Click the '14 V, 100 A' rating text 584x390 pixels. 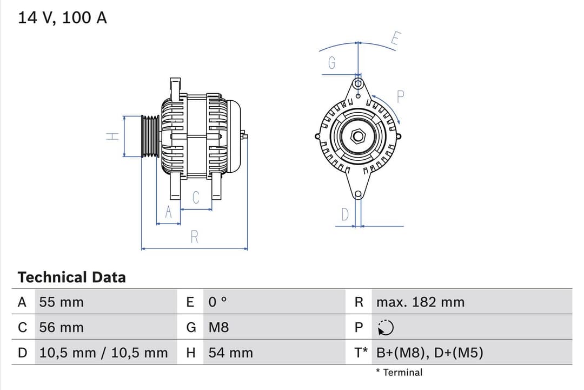tap(63, 18)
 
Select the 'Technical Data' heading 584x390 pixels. tap(71, 277)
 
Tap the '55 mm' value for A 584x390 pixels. tap(62, 302)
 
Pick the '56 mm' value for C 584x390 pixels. tap(62, 328)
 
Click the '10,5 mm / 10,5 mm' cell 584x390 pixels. tap(103, 353)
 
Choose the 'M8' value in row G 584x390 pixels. tap(218, 328)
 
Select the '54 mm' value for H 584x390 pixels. tap(230, 353)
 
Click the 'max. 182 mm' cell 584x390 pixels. tap(420, 302)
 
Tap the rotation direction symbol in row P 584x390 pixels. tap(386, 328)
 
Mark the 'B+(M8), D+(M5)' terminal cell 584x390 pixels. tap(429, 353)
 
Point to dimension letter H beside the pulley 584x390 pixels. tap(112, 136)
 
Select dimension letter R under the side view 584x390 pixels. tap(195, 237)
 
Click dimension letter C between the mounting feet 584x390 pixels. tap(196, 198)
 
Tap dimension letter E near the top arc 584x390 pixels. tap(396, 38)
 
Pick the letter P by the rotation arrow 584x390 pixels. tap(401, 97)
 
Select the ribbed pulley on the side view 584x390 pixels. tap(150, 136)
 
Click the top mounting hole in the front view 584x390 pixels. tap(357, 83)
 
